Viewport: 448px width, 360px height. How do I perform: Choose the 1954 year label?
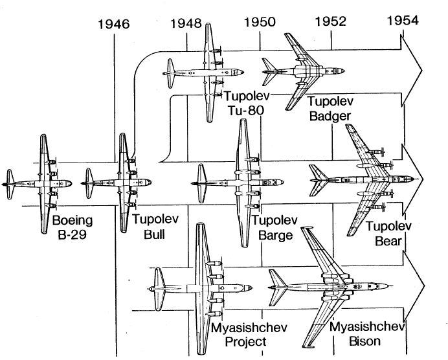[x=402, y=21]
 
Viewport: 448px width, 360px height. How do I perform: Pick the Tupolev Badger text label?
[x=329, y=108]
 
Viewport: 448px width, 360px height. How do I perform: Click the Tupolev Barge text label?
[x=275, y=228]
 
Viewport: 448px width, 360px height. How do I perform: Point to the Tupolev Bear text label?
[x=385, y=234]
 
